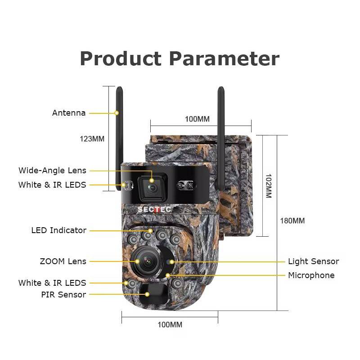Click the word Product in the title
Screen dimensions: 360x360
121,59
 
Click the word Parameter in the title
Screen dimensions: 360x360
224,59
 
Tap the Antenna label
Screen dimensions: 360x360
69,113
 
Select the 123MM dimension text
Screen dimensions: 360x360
92,139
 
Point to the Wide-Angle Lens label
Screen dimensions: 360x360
52,171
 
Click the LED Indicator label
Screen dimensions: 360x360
59,230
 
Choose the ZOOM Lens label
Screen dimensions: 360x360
63,261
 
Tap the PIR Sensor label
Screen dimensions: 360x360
63,295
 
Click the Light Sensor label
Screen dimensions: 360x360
313,261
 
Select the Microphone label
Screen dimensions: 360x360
311,275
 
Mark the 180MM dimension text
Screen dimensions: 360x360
292,221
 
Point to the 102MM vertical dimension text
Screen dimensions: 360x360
269,186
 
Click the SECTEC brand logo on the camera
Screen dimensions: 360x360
154,210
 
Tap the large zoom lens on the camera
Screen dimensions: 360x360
147,262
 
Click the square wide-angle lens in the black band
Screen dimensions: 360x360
153,187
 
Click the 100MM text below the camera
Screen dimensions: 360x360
170,324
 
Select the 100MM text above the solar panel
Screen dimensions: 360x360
197,119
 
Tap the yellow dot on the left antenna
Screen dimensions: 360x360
117,113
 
